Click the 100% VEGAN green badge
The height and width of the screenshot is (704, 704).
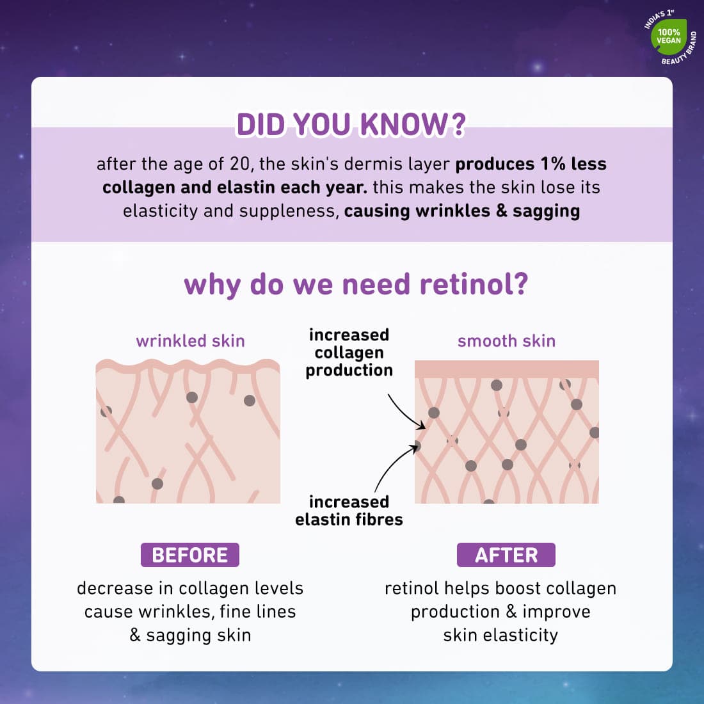(669, 36)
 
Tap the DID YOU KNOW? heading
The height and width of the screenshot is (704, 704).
(351, 125)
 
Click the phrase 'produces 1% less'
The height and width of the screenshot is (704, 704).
(531, 164)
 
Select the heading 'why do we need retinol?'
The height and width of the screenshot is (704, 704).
(356, 284)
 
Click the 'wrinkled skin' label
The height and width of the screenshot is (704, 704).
(190, 340)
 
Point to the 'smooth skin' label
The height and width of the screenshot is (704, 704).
(506, 340)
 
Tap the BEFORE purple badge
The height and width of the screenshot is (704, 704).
(190, 555)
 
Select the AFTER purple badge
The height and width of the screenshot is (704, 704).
(506, 555)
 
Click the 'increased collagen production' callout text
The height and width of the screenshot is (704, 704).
(349, 352)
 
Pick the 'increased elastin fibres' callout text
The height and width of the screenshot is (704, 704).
(349, 510)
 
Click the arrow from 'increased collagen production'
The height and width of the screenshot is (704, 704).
(404, 413)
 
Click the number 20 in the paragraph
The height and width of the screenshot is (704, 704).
(239, 164)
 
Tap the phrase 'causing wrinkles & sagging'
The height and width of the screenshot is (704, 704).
(462, 211)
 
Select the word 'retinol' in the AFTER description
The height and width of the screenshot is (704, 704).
(411, 588)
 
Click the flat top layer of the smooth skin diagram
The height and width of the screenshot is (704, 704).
(506, 369)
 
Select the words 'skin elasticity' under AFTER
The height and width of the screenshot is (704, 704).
(500, 635)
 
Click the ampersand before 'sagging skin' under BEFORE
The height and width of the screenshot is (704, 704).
(135, 635)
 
